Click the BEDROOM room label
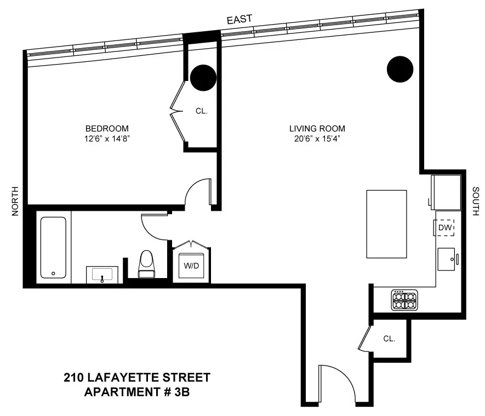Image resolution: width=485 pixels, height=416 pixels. point(107,129)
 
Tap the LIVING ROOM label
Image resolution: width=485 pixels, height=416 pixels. point(317,129)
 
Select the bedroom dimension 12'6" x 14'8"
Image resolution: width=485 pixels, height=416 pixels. point(107,139)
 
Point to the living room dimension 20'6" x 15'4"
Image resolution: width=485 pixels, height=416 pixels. point(317,139)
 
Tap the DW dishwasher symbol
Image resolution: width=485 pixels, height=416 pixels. point(445,227)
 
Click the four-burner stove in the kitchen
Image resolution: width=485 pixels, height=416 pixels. point(404,300)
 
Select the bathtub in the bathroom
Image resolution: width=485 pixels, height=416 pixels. point(54,247)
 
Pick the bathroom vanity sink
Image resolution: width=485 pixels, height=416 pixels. point(102,274)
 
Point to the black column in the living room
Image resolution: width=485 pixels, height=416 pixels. point(400,68)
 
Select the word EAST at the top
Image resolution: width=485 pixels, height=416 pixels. point(239,19)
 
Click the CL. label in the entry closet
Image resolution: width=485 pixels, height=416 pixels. point(389,339)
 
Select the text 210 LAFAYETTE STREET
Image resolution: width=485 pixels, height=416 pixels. point(137,378)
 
